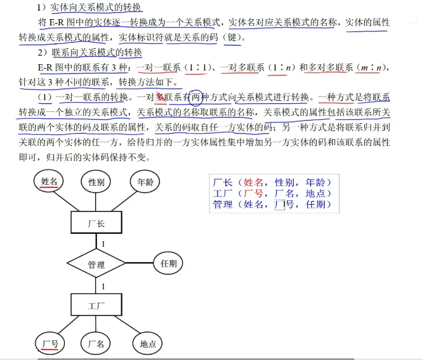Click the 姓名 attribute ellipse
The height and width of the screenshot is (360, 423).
[49, 181]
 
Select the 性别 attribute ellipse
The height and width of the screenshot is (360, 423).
[96, 182]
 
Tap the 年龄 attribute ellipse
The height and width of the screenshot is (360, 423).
[145, 182]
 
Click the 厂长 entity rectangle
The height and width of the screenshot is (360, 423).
[96, 222]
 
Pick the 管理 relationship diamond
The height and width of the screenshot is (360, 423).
[96, 264]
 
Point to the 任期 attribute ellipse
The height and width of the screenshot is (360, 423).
[168, 263]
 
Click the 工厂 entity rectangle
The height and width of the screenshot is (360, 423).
[96, 305]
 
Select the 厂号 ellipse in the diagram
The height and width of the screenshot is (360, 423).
[50, 343]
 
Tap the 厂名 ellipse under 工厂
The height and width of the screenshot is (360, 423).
[96, 343]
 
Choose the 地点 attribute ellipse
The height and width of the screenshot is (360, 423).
[148, 343]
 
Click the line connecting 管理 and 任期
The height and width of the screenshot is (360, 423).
[140, 263]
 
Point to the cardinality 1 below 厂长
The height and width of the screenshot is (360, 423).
[103, 244]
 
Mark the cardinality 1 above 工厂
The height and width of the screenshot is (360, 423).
[103, 286]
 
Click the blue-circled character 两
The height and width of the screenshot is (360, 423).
[195, 97]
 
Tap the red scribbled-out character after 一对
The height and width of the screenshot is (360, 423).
[161, 97]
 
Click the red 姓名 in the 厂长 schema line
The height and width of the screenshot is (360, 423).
[253, 182]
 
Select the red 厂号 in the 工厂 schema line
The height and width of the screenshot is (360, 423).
[253, 194]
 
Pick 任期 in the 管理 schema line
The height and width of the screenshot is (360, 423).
[315, 204]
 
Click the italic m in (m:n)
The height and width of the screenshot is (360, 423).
[364, 68]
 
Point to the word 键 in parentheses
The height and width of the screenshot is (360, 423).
[232, 37]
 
